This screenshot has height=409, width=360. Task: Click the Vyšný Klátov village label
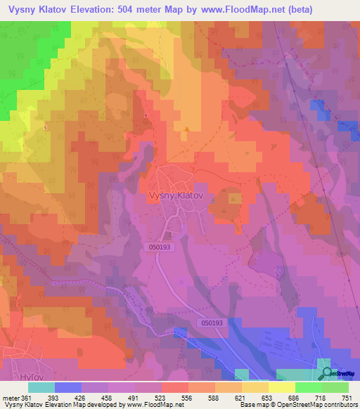pyautogui.click(x=179, y=197)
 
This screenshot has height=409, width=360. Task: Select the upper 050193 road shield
pyautogui.click(x=160, y=247)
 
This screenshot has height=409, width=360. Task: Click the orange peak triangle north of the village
pyautogui.click(x=186, y=129)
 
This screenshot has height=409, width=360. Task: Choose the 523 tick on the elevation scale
pyautogui.click(x=160, y=397)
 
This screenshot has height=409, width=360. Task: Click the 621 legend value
pyautogui.click(x=240, y=397)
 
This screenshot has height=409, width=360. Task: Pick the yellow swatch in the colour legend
pyautogui.click(x=281, y=387)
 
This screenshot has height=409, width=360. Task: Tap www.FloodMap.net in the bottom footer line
pyautogui.click(x=151, y=405)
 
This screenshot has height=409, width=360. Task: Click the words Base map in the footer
pyautogui.click(x=252, y=405)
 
